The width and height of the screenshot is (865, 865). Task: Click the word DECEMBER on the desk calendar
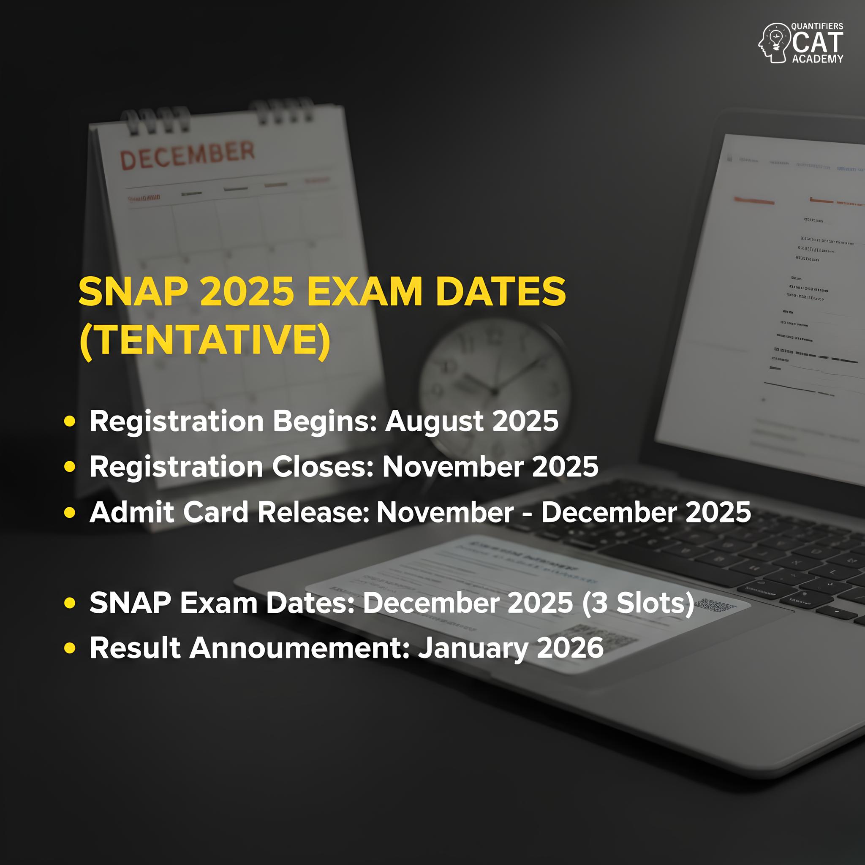click(187, 155)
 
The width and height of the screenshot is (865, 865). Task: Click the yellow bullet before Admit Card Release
click(69, 512)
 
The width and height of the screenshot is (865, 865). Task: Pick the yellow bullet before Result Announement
click(69, 648)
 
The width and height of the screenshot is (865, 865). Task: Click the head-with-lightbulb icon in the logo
click(773, 43)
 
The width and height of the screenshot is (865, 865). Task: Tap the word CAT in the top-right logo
click(817, 43)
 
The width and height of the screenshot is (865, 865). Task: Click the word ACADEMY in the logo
click(817, 59)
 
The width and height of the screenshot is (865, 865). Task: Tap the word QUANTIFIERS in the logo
click(817, 27)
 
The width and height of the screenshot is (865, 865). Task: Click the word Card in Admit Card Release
click(215, 512)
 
